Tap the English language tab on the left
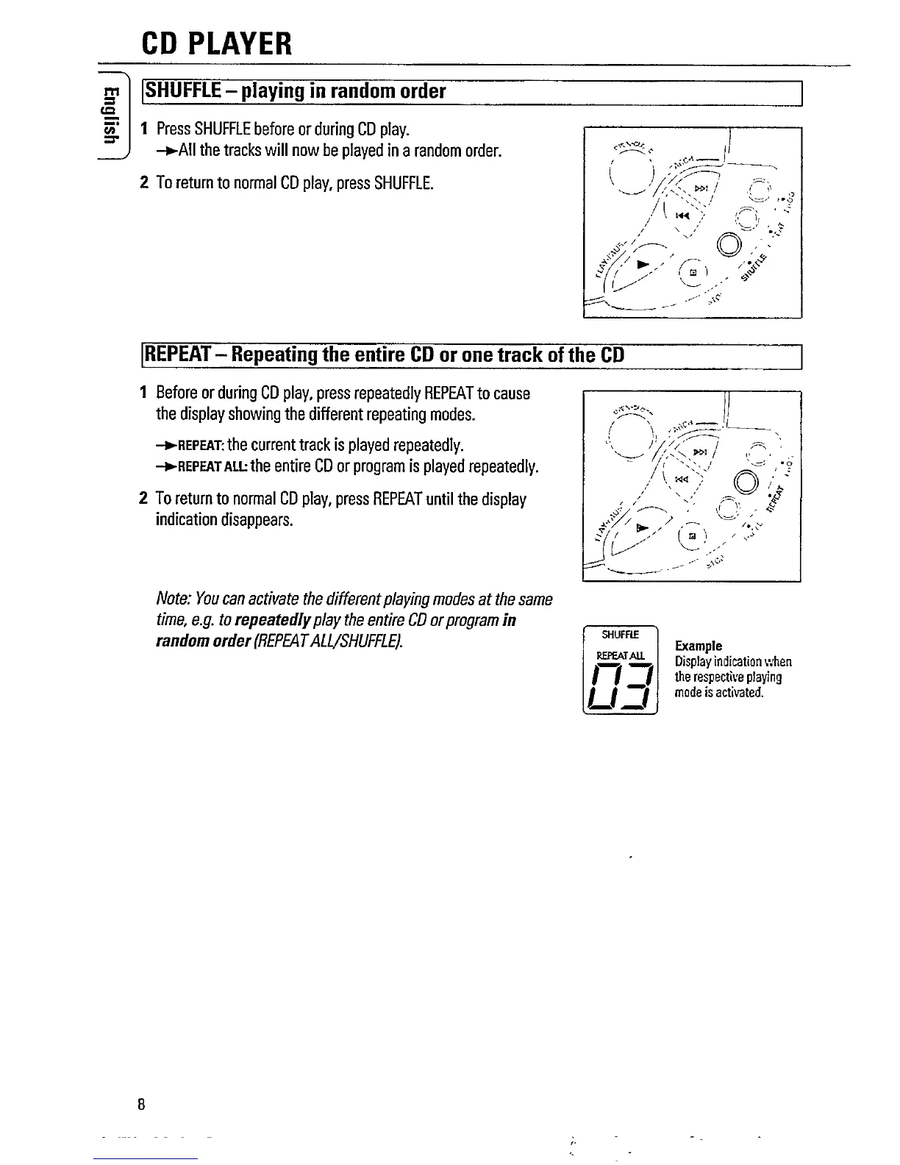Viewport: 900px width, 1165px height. pos(110,115)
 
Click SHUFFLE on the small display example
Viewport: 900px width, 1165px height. pos(619,634)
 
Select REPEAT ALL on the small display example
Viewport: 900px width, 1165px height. pos(620,655)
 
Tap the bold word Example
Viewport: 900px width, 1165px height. pos(698,646)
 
